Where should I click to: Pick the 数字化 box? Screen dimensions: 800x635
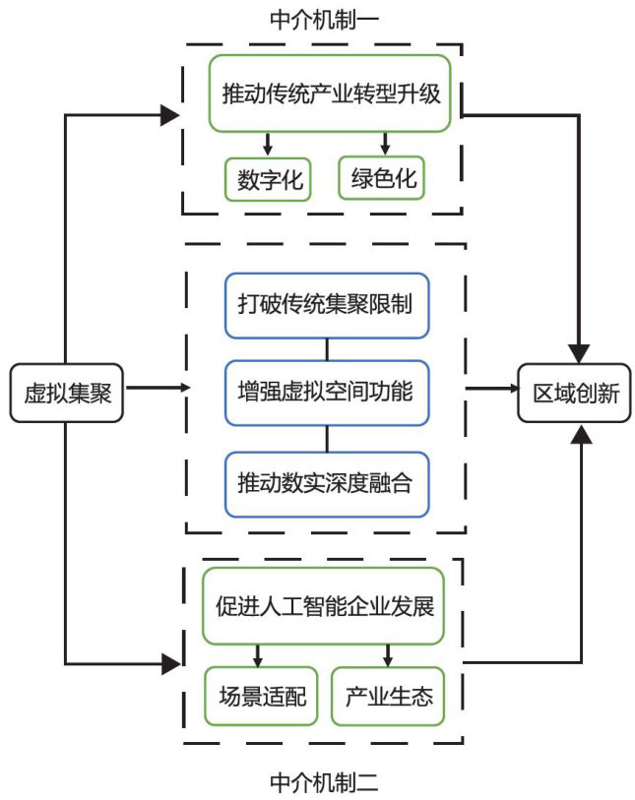[268, 180]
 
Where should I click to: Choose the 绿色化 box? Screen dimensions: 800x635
[385, 179]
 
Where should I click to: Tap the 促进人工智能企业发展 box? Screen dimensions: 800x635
[324, 604]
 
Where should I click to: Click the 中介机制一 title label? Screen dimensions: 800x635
[323, 19]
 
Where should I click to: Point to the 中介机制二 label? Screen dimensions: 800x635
[323, 782]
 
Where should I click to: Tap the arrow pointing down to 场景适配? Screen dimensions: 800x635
[259, 654]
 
